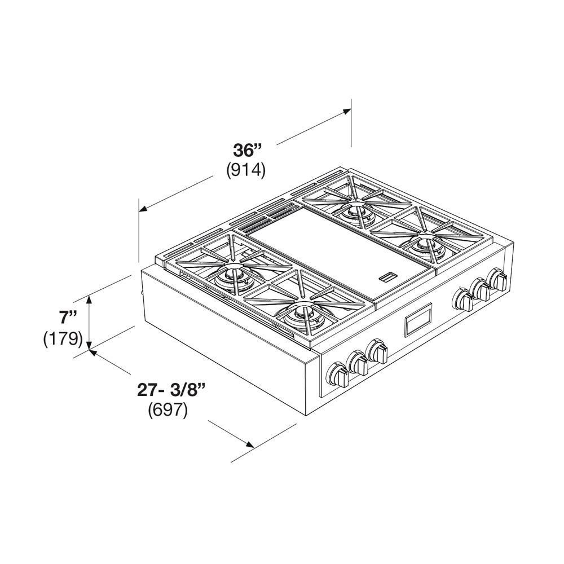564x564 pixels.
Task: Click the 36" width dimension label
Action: [248, 151]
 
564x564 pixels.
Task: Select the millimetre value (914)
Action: [246, 170]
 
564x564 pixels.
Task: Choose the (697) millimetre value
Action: [168, 410]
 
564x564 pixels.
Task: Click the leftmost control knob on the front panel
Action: [339, 374]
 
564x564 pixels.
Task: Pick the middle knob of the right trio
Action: [481, 290]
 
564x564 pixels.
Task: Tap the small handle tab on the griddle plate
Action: [387, 276]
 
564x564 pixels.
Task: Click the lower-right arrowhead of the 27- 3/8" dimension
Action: [252, 444]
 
